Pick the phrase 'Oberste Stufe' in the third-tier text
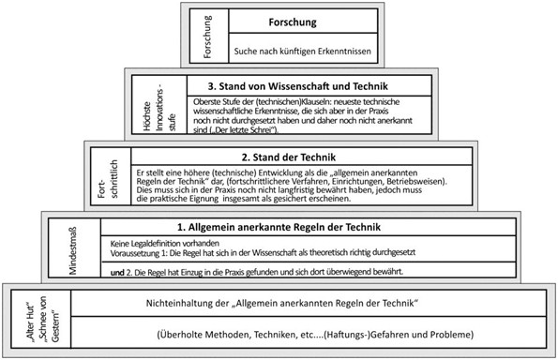(217, 99)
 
